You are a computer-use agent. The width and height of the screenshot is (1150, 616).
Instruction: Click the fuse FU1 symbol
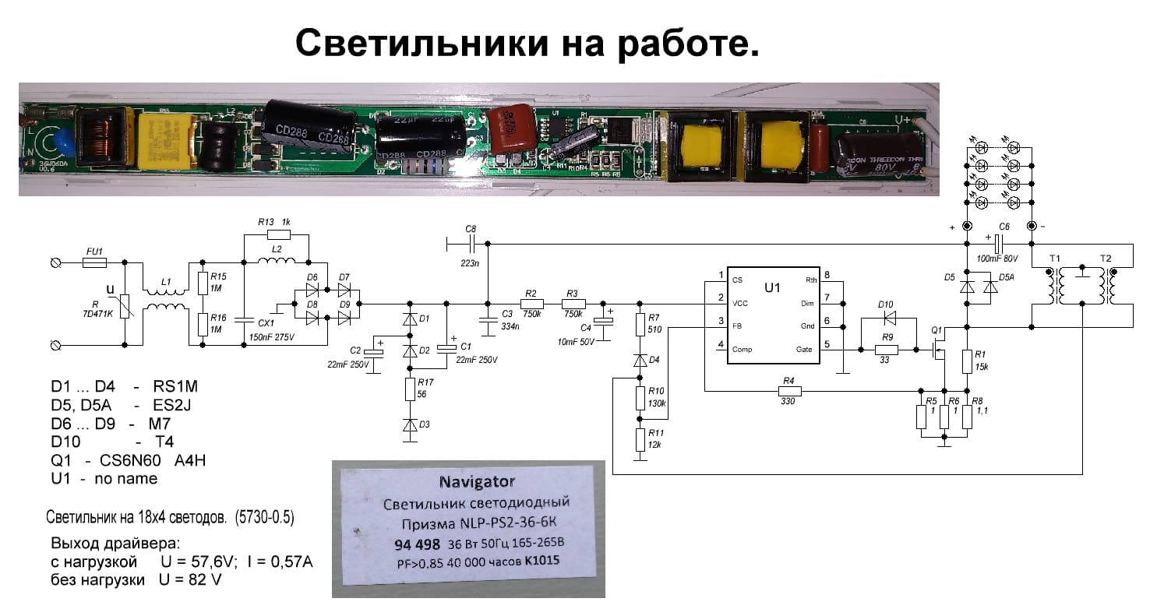click(94, 264)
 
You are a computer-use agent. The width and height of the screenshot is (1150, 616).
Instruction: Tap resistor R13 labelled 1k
click(277, 234)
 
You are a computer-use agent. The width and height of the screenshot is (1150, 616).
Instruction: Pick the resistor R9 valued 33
click(885, 350)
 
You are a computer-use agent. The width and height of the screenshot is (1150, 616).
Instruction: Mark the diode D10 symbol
click(886, 318)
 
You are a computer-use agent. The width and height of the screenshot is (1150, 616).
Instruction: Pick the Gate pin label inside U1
click(804, 350)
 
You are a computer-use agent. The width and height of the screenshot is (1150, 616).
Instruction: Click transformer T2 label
click(1106, 258)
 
